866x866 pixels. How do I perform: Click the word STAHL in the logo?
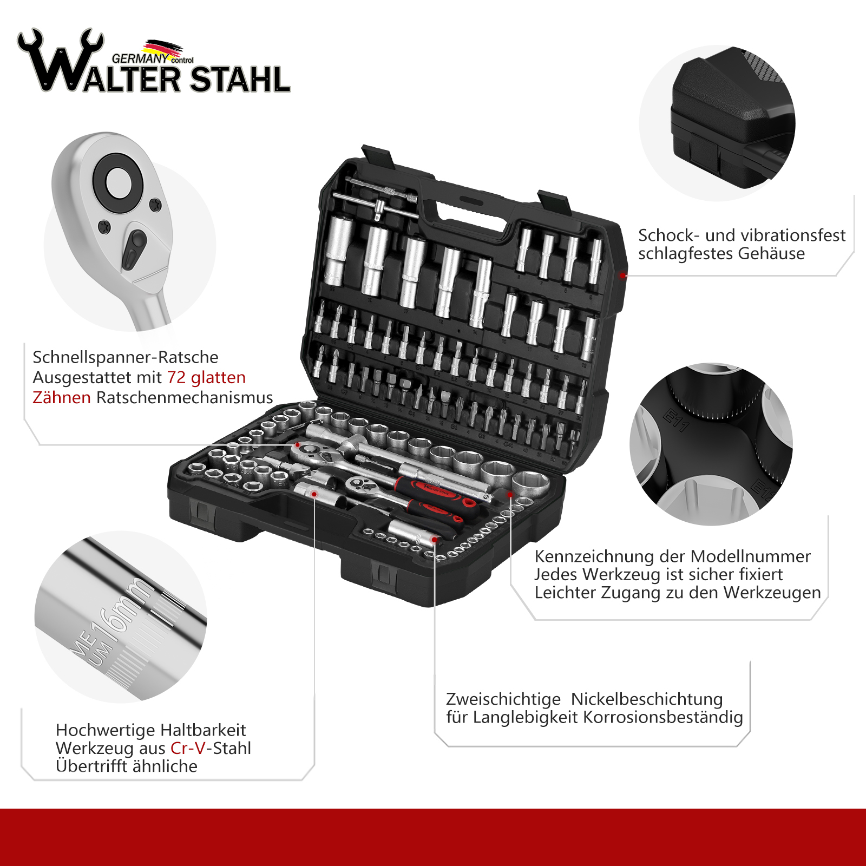[x=240, y=80]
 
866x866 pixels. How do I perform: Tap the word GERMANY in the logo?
[x=140, y=58]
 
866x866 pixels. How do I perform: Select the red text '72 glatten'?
[x=206, y=377]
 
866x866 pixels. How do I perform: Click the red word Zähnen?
[x=62, y=397]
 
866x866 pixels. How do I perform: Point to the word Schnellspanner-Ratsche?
[x=126, y=357]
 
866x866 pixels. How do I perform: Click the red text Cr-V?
[x=188, y=748]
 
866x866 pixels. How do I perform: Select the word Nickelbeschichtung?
[x=647, y=699]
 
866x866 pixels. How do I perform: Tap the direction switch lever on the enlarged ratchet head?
[x=135, y=249]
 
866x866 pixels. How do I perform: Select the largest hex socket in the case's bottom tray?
[x=530, y=484]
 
